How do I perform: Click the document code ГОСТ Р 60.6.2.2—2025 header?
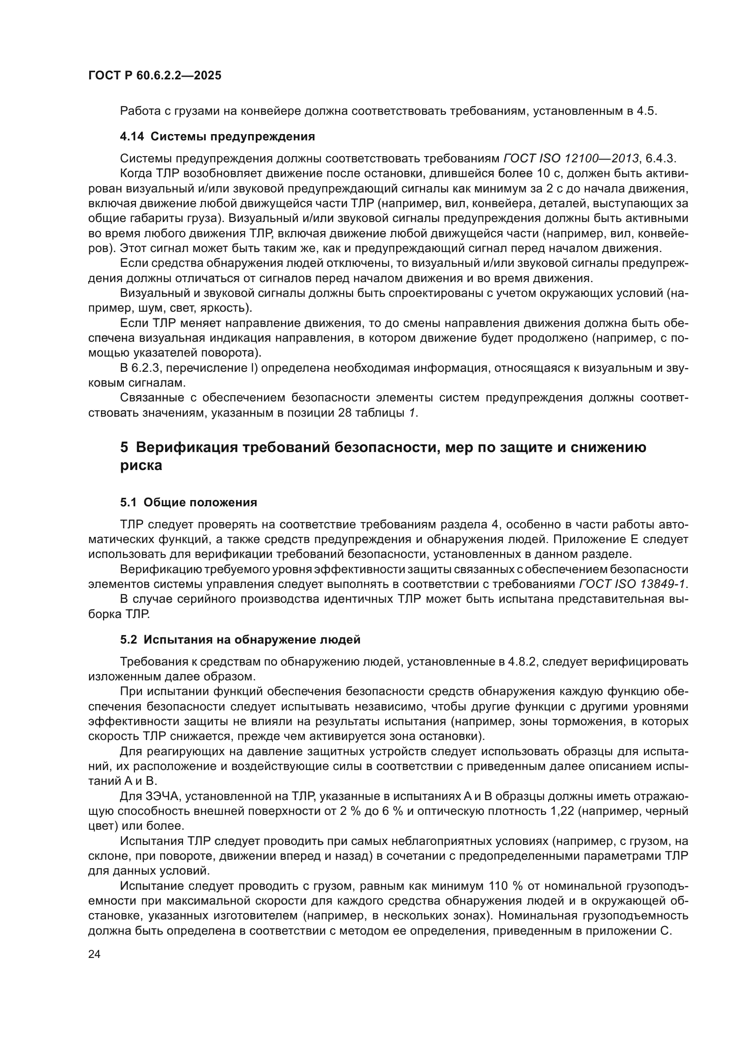154,75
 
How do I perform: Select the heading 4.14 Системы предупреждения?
218,136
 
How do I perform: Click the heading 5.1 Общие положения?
189,503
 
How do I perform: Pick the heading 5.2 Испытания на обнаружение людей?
240,640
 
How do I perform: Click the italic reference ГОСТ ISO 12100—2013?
571,158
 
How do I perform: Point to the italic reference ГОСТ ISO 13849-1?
633,584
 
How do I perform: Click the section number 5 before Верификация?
124,447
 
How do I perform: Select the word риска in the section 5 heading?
141,466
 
